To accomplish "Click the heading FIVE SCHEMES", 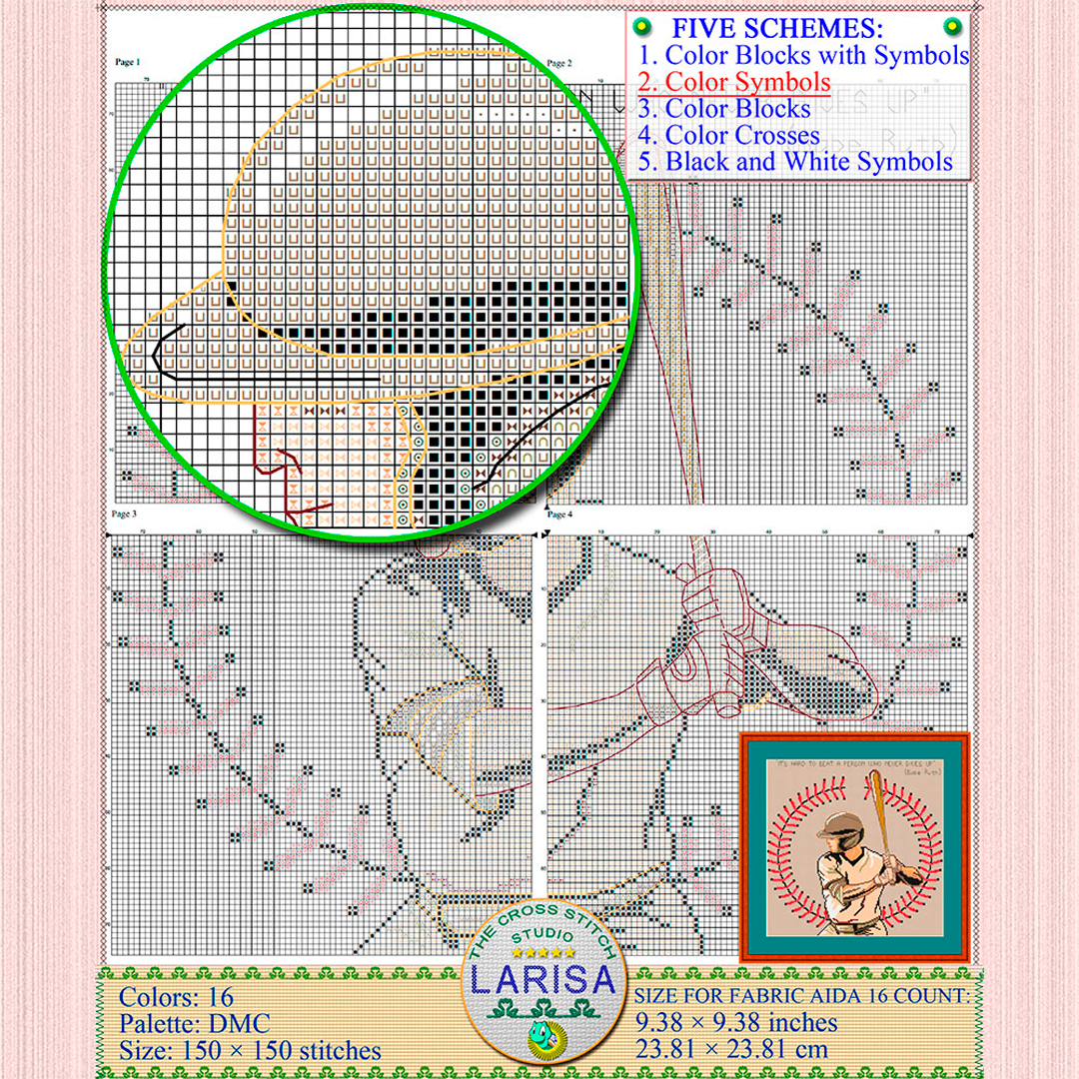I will pyautogui.click(x=790, y=28).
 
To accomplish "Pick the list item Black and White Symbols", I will pyautogui.click(x=795, y=161).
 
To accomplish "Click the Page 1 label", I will pyautogui.click(x=127, y=62).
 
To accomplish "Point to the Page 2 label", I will pyautogui.click(x=559, y=63).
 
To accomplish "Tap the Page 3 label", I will pyautogui.click(x=124, y=515).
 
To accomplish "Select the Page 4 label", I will pyautogui.click(x=559, y=515).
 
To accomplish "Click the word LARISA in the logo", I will pyautogui.click(x=543, y=980).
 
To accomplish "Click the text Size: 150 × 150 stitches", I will pyautogui.click(x=250, y=1051).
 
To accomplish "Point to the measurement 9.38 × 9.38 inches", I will pyautogui.click(x=736, y=1022).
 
